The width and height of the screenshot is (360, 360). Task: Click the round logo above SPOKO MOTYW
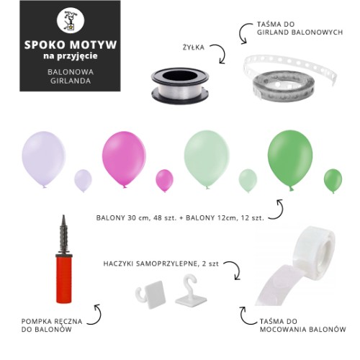tap(71, 20)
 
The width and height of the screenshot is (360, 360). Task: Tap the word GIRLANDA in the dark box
tap(71, 81)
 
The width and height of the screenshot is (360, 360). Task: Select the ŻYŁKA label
tap(194, 48)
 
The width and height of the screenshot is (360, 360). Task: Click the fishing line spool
tap(180, 86)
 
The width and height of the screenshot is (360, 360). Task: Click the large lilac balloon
tap(44, 160)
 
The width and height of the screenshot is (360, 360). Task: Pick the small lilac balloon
tap(83, 181)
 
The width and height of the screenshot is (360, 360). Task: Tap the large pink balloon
tap(124, 159)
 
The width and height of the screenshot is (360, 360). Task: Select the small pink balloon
tap(164, 181)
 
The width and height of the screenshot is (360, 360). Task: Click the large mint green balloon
tap(207, 160)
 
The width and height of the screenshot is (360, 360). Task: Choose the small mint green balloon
tap(248, 181)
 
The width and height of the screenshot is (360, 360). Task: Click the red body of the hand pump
tap(64, 279)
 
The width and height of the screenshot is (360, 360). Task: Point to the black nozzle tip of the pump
tap(63, 217)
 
